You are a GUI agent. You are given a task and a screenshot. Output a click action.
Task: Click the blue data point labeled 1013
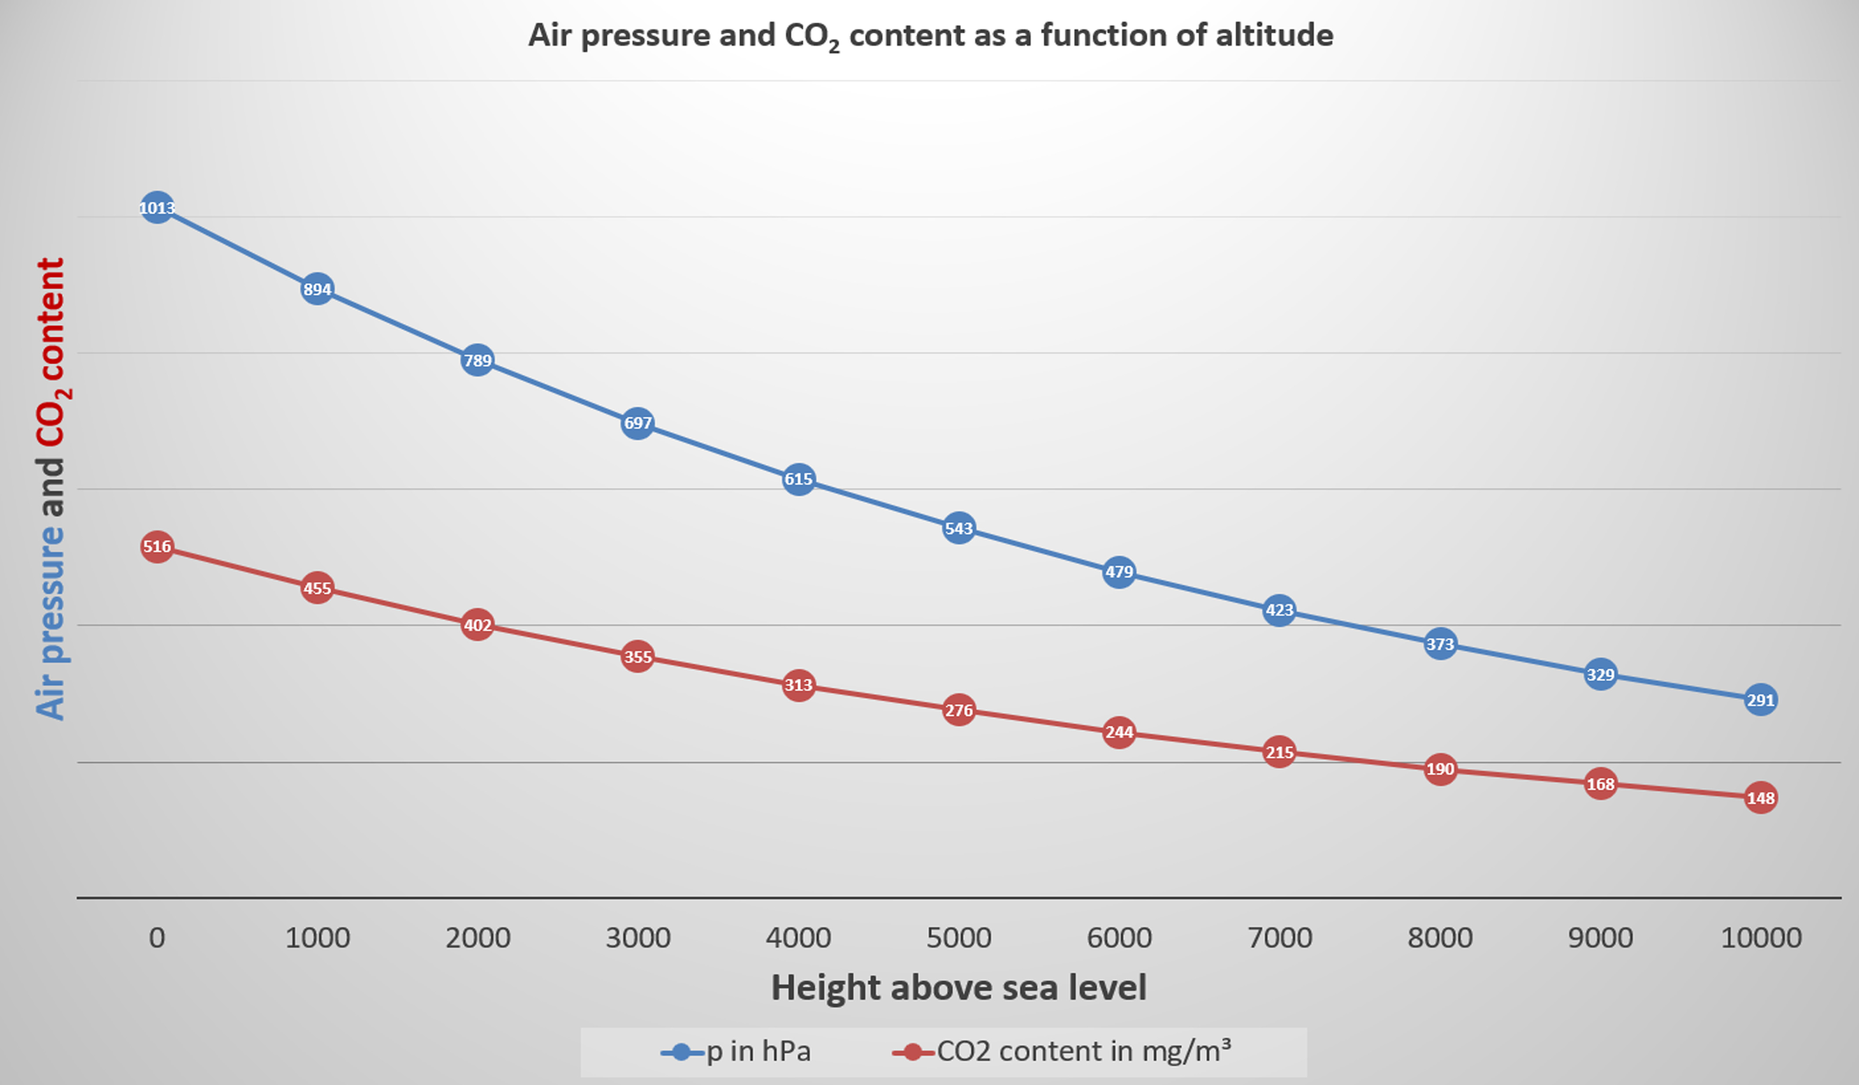(156, 208)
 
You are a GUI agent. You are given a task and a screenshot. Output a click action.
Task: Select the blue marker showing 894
(317, 289)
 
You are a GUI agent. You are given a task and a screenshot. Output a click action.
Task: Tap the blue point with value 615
(798, 479)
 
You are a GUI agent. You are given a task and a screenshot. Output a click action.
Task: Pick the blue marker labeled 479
(1119, 572)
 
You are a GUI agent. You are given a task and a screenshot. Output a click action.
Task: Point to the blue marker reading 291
(1761, 700)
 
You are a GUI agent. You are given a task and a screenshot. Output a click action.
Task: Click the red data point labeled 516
(156, 547)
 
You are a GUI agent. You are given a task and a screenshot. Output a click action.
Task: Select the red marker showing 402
(477, 625)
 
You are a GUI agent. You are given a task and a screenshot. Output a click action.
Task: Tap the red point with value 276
(959, 710)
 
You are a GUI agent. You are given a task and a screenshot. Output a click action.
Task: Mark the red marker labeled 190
(1440, 770)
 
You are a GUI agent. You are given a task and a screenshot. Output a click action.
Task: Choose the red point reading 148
(1761, 798)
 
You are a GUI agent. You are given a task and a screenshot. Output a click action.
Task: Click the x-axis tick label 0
(156, 938)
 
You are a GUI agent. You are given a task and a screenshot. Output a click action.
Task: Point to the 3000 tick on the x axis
(638, 938)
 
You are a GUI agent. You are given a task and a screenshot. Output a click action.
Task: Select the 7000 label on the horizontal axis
(1280, 938)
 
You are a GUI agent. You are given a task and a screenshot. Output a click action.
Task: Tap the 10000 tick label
(1761, 938)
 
